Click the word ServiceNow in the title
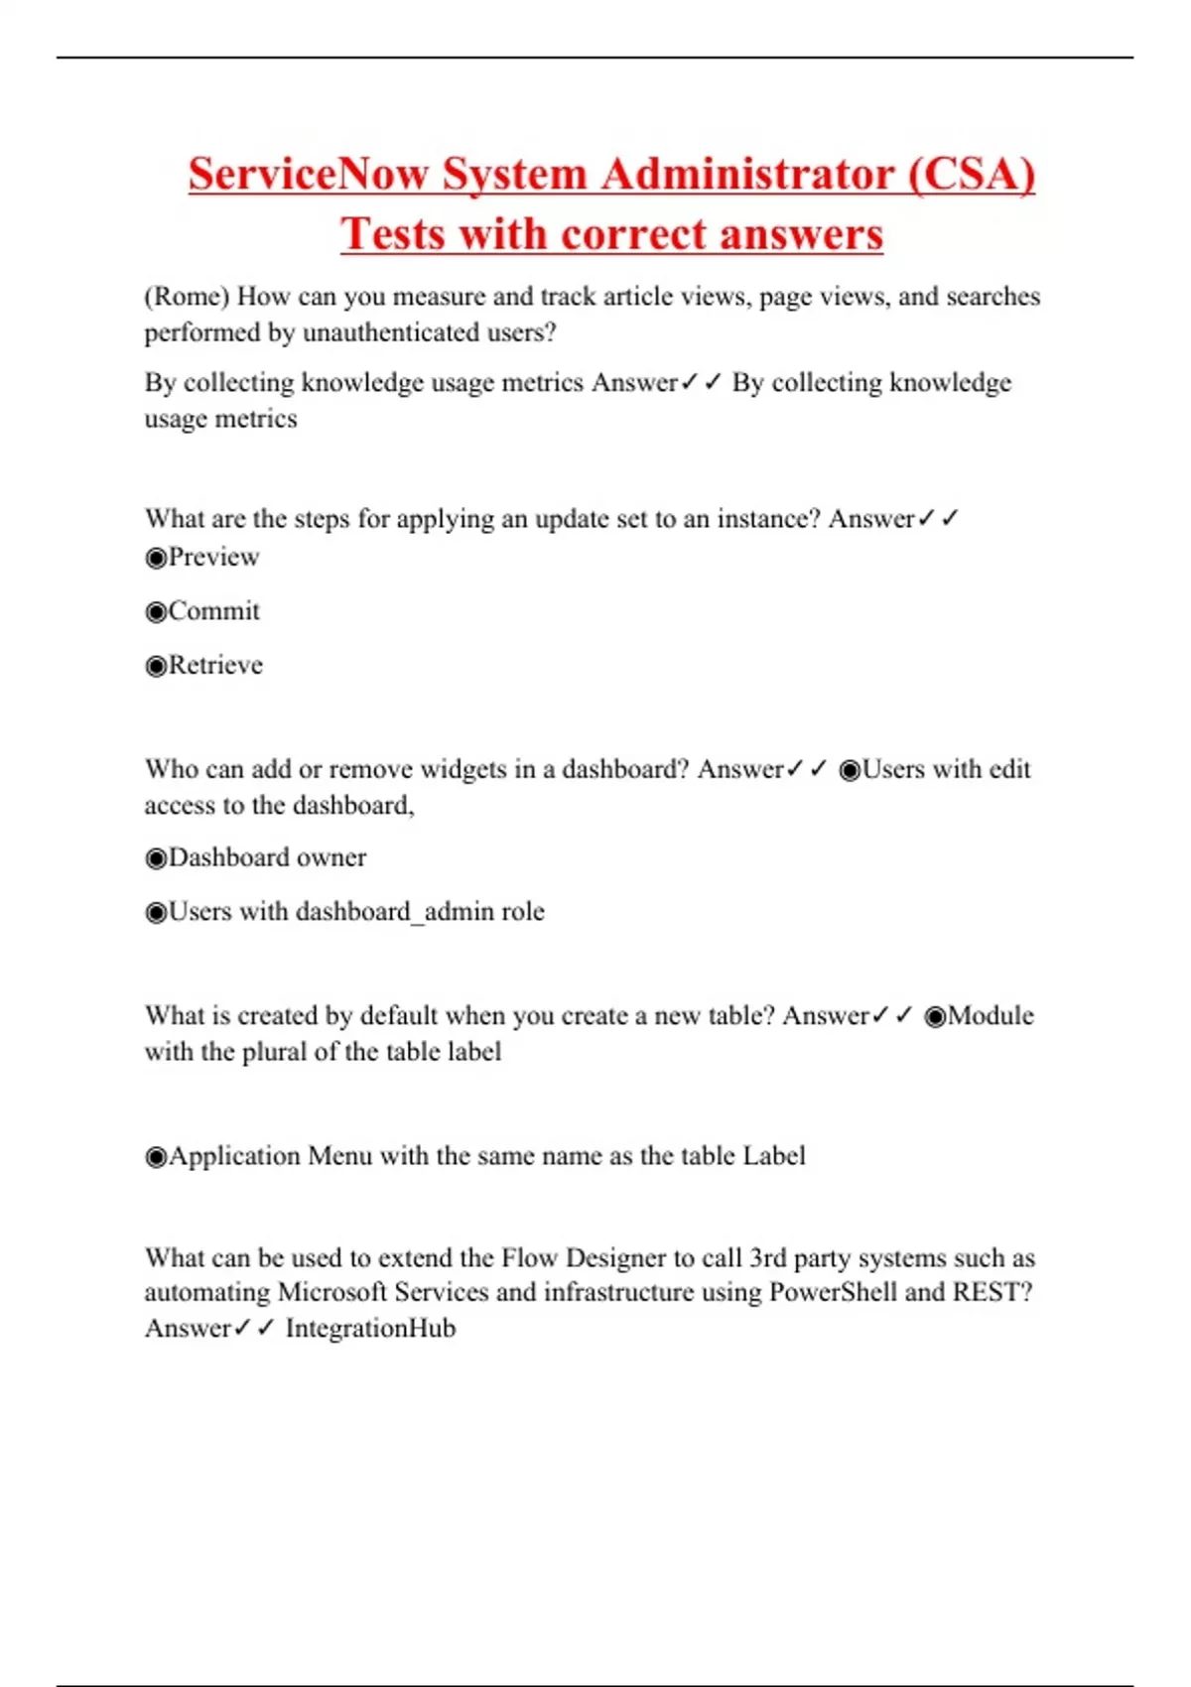click(x=309, y=175)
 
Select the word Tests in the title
click(x=394, y=235)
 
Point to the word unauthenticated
click(x=390, y=332)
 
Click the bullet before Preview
click(x=156, y=558)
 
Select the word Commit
click(x=214, y=611)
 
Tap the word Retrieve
click(x=215, y=665)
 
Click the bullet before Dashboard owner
click(x=156, y=858)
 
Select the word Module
click(x=991, y=1016)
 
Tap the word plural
click(x=275, y=1052)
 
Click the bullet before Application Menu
click(x=156, y=1157)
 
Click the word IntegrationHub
click(x=370, y=1329)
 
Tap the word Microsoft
click(x=332, y=1293)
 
